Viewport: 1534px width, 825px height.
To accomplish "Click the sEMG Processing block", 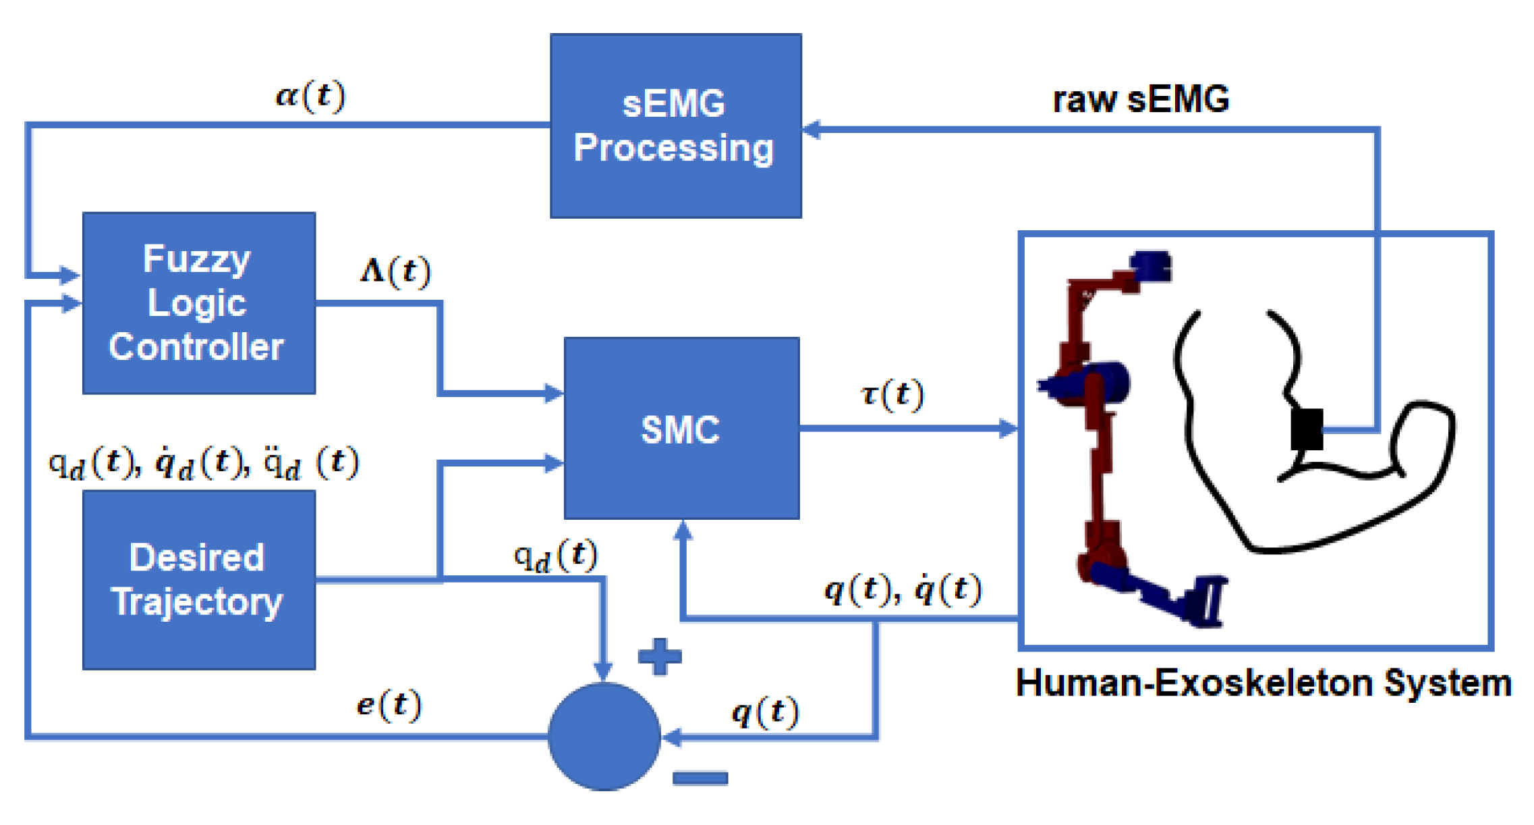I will (675, 126).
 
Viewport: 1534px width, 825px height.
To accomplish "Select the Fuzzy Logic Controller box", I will (199, 303).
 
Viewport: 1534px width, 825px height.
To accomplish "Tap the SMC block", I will (681, 429).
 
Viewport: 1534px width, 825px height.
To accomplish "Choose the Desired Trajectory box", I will (199, 580).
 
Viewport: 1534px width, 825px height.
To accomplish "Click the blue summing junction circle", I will (604, 737).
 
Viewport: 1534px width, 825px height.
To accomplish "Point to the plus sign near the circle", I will (659, 656).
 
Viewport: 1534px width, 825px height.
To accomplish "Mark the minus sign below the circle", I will (700, 778).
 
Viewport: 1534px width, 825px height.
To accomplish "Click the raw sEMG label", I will (1140, 99).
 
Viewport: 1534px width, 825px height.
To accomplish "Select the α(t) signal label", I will (310, 96).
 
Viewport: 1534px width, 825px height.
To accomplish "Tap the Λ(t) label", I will (395, 271).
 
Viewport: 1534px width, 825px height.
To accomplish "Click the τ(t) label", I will (892, 394).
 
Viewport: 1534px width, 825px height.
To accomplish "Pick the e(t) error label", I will (389, 705).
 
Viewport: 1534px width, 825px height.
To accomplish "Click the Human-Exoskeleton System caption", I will (1263, 683).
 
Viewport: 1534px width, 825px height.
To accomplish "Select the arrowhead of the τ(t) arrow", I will (1009, 428).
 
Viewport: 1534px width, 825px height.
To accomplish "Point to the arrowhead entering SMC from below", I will (683, 531).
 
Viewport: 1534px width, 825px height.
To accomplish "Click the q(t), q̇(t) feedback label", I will (903, 589).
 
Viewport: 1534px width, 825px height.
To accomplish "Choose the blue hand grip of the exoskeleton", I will (1208, 601).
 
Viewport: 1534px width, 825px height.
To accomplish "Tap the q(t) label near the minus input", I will (764, 712).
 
